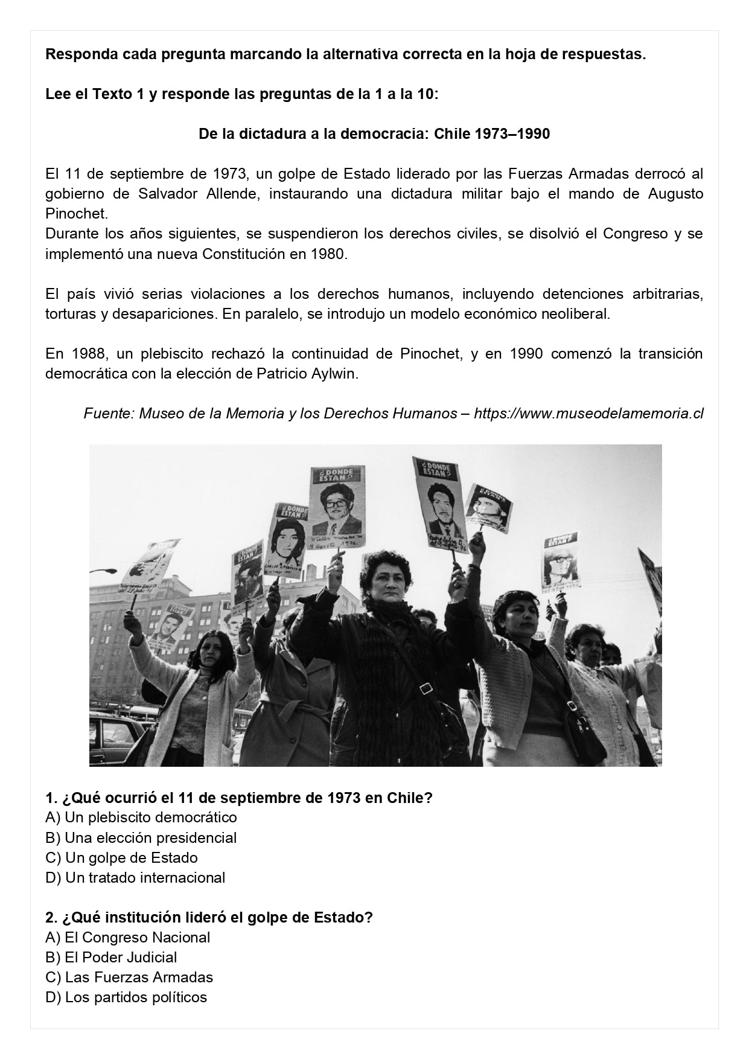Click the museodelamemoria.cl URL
[x=588, y=414]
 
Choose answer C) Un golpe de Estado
[x=121, y=857]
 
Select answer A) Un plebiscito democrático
[x=141, y=817]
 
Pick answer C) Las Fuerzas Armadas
[x=129, y=977]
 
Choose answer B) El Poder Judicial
[x=111, y=957]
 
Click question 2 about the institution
[x=209, y=917]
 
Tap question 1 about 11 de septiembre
[x=239, y=798]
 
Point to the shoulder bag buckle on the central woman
[x=427, y=688]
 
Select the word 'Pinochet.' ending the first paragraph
[x=76, y=214]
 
